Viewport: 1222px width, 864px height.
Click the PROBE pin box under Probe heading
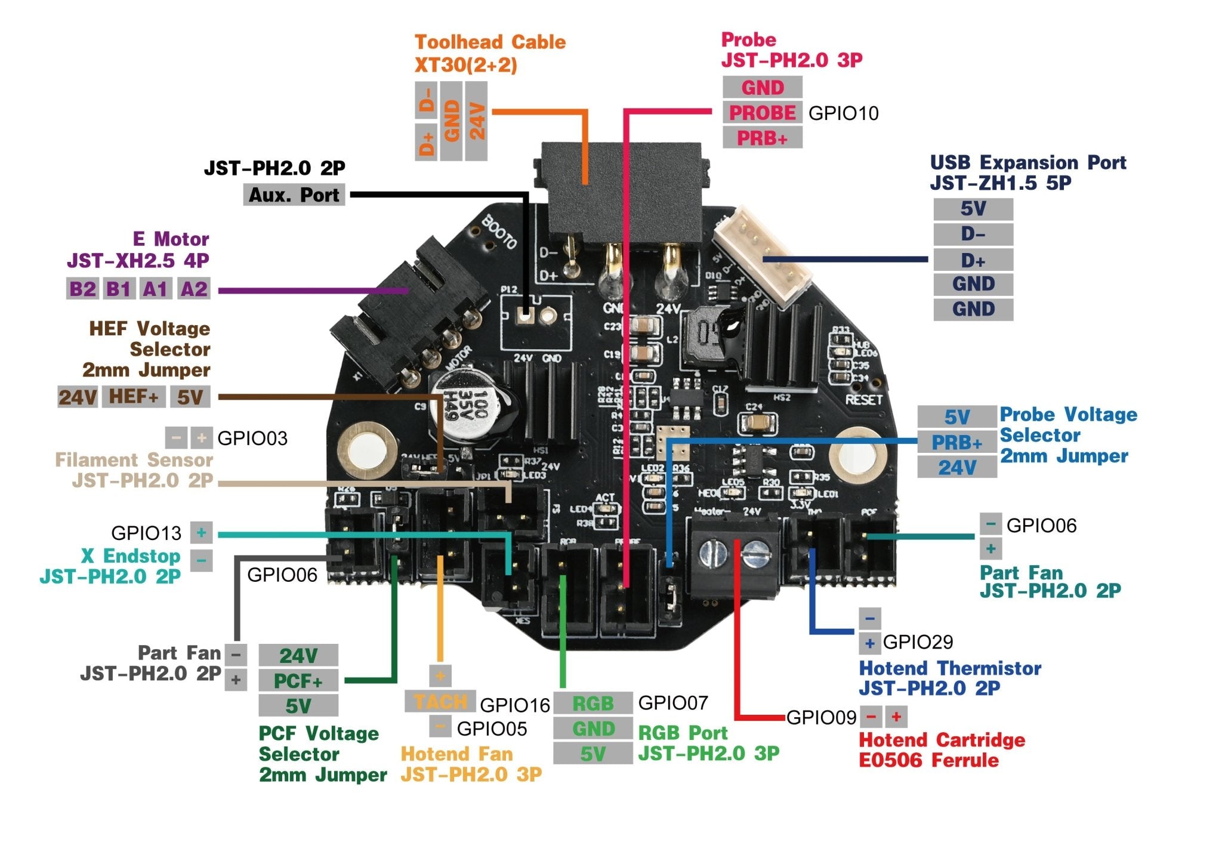(762, 113)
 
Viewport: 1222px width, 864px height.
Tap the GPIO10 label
(843, 113)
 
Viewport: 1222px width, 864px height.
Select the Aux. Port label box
(294, 195)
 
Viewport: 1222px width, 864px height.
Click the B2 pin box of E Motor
(82, 289)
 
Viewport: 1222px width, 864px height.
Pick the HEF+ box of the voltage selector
(134, 397)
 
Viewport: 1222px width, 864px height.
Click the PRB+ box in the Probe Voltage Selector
(956, 443)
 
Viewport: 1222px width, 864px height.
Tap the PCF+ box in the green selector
(298, 681)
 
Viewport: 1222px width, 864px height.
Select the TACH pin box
(440, 702)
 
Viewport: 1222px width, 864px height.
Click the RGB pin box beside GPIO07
(593, 703)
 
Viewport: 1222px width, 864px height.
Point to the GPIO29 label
(918, 643)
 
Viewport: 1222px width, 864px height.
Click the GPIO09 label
(821, 717)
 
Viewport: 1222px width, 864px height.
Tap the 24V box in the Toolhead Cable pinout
(476, 121)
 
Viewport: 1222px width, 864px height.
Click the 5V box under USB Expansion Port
(973, 209)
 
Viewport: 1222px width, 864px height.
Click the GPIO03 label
(252, 439)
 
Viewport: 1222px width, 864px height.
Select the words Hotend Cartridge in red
(942, 740)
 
